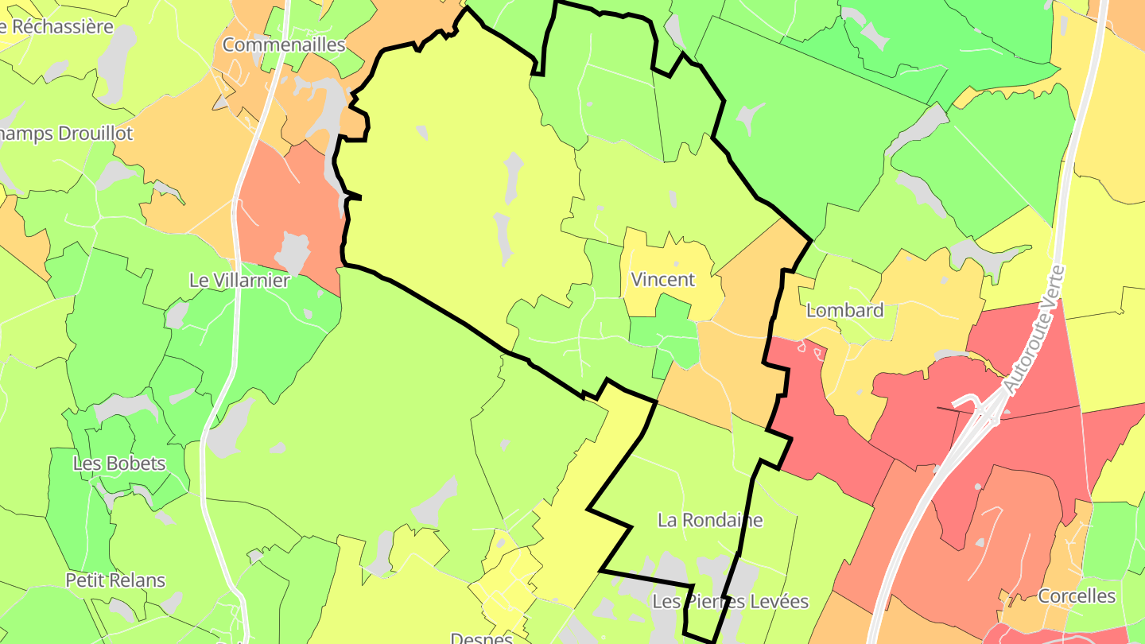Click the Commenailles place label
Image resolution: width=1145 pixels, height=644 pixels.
point(284,45)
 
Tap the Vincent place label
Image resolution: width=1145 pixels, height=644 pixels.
point(662,280)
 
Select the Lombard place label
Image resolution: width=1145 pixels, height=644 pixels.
point(844,310)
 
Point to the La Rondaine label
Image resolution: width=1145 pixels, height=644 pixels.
point(710,520)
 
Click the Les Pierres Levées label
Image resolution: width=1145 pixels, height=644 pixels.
point(730,602)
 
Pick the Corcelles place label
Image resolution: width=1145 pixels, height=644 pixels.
point(1077,596)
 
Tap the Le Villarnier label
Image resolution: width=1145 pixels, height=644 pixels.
point(239,281)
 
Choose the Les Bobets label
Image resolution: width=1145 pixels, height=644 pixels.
point(119,464)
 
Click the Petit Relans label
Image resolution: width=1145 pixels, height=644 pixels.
point(115,580)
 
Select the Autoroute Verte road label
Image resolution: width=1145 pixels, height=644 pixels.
point(1034,330)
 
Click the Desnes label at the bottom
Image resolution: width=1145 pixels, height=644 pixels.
point(480,638)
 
